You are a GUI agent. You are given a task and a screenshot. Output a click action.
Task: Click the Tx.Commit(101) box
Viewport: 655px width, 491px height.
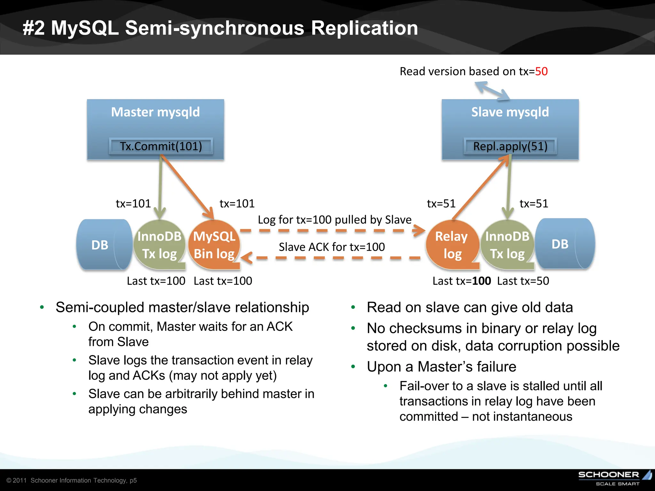point(161,146)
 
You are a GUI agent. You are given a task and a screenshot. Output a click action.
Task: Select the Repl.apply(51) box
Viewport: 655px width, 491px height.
point(510,146)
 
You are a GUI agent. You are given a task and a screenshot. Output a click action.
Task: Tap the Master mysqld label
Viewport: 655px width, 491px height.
point(155,112)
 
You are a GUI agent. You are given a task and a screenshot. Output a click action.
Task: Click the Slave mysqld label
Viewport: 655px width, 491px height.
point(510,112)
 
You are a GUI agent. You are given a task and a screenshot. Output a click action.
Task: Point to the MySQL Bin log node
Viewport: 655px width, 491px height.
point(214,245)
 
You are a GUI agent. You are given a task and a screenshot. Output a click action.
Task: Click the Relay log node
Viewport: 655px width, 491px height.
point(452,245)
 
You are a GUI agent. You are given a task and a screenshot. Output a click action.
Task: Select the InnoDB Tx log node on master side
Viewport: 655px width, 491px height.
point(159,245)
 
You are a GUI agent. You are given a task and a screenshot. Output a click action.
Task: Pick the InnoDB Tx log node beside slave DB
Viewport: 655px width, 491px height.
point(507,245)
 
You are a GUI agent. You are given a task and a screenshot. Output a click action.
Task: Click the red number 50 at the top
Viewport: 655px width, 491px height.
point(541,71)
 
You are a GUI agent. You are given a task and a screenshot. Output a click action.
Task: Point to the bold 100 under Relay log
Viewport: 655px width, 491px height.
point(481,281)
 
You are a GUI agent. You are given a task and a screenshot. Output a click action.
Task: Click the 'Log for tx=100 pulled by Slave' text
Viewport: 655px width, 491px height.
point(335,220)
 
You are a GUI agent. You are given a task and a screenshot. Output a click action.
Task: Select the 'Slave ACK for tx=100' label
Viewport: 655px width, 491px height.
point(332,247)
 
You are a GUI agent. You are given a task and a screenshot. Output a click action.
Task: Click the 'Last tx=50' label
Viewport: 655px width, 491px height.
point(523,281)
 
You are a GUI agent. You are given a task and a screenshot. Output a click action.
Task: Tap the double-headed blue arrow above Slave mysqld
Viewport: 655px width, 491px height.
point(492,91)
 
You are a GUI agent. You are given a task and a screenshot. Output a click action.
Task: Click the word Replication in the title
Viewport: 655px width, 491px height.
point(364,28)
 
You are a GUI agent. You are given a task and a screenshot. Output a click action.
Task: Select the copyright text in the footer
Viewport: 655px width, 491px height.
point(72,480)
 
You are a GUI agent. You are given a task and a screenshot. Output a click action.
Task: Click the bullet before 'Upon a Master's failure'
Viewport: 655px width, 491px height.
point(353,367)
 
